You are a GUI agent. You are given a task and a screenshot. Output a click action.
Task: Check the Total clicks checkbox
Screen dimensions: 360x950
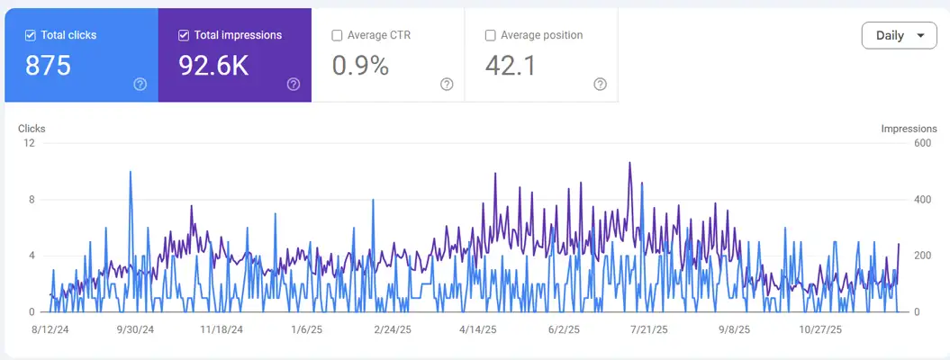31,35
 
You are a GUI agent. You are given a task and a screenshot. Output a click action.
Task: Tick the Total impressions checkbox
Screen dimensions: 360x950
184,35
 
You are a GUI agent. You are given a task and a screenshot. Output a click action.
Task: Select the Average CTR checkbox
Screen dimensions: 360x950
337,35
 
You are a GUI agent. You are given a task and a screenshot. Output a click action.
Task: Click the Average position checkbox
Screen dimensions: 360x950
490,35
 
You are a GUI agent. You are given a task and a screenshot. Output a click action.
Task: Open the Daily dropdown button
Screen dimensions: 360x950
899,35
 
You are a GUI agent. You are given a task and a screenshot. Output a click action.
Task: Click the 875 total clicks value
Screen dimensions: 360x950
48,66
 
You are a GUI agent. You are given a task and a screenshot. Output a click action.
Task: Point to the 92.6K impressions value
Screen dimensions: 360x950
214,66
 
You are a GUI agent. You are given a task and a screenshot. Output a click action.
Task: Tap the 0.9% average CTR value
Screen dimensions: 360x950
360,66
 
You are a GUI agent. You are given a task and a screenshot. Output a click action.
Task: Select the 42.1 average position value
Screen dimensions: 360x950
511,66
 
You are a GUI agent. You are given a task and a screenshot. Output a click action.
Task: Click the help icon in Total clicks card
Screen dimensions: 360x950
140,84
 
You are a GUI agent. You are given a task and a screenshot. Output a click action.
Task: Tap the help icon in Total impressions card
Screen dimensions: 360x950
294,84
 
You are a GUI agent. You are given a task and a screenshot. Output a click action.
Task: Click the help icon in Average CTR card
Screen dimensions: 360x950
447,84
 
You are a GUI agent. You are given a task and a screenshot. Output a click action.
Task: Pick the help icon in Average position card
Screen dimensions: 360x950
600,84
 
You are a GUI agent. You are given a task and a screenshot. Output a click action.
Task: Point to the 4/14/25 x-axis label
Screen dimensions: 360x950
477,330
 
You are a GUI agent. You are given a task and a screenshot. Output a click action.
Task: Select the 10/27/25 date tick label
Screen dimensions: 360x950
821,330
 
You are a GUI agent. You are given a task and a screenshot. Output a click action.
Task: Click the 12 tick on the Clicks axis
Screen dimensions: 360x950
30,143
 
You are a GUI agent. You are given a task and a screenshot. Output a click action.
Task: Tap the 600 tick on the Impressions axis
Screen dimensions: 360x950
922,143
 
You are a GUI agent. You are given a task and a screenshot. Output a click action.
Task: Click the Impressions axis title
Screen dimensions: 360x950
909,129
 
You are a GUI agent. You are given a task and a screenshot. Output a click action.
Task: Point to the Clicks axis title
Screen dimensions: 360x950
32,129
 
